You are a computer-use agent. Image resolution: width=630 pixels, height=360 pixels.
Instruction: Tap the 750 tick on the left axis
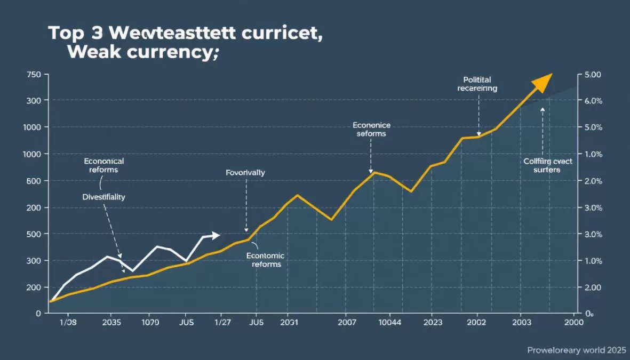coord(33,74)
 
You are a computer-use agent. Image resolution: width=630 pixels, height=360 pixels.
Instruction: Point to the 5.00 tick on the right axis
coord(592,74)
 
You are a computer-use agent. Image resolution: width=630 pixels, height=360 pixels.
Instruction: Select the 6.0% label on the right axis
coord(593,101)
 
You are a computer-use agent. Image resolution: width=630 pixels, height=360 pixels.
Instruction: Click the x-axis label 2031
coord(288,323)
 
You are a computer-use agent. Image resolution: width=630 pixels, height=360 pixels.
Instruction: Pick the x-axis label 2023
coord(432,323)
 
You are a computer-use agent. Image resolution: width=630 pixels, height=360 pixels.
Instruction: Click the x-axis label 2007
coord(347,323)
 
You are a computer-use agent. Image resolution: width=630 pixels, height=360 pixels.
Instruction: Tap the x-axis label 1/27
coord(222,323)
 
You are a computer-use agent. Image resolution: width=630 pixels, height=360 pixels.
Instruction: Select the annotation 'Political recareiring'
coord(477,84)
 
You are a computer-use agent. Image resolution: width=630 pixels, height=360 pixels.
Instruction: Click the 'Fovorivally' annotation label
coord(245,173)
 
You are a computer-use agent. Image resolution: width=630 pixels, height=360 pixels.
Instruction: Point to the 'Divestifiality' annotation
coord(104,197)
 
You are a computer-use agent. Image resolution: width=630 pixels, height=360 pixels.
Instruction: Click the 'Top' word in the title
coord(66,33)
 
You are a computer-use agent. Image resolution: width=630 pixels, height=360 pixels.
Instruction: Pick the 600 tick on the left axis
coord(33,181)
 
